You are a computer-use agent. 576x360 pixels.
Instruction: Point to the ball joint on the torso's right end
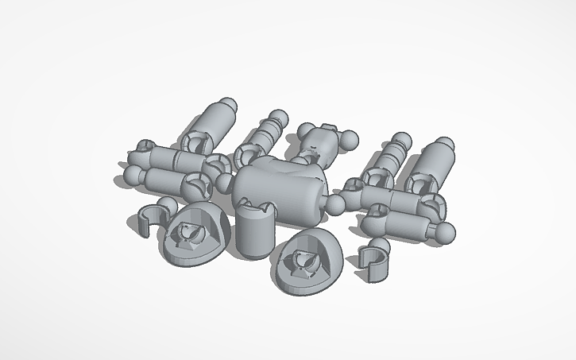click(336, 204)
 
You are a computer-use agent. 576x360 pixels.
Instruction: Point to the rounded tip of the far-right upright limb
click(444, 145)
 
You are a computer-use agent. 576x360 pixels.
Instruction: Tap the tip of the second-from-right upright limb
click(402, 142)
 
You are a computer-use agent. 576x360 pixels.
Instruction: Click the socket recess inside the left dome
click(189, 233)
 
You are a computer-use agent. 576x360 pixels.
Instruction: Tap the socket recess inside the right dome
click(304, 258)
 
